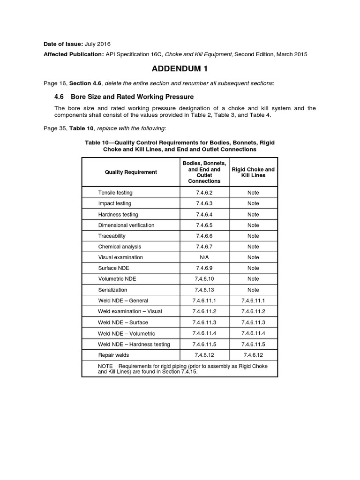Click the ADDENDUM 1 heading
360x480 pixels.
[180, 69]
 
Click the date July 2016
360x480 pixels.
[99, 44]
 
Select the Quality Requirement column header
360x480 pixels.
[131, 172]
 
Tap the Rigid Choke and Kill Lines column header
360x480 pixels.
[253, 172]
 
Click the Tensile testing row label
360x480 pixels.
[115, 193]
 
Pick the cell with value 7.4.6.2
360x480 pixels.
[204, 193]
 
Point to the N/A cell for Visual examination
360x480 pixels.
[204, 257]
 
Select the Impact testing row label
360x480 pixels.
[114, 203]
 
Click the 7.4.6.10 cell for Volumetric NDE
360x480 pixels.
[204, 279]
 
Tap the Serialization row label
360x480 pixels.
[112, 290]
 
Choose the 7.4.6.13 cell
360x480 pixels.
[204, 290]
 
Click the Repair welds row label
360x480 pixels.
[113, 355]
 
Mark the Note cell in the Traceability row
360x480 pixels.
[253, 236]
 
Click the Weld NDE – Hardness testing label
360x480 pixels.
[134, 344]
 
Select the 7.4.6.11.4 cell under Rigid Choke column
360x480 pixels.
[253, 333]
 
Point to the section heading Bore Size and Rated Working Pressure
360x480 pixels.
[132, 97]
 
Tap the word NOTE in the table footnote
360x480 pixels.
[105, 366]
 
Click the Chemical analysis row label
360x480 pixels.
[120, 247]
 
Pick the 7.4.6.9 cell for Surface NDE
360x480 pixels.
[204, 268]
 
